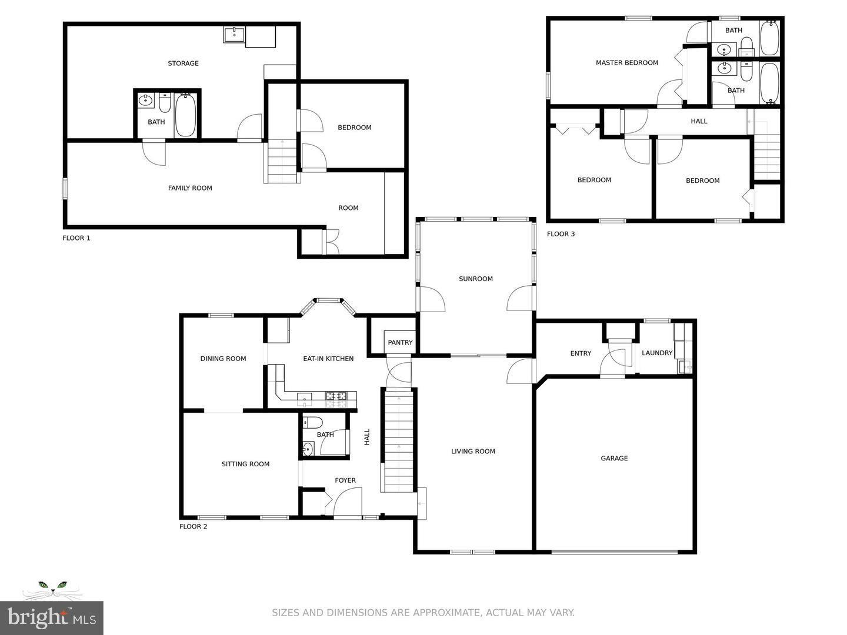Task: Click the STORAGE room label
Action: [x=183, y=63]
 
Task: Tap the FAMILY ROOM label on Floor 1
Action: [x=190, y=188]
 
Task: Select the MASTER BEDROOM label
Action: [x=626, y=63]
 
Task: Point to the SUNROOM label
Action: [x=475, y=279]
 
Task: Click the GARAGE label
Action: [x=614, y=458]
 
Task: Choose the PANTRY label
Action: [x=400, y=342]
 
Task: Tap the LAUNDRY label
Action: [x=656, y=353]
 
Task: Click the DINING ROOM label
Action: [x=223, y=359]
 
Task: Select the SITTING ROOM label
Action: [x=245, y=464]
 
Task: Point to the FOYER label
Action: [x=345, y=480]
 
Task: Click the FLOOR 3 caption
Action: [x=561, y=234]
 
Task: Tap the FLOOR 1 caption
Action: [x=76, y=238]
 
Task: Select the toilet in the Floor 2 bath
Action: [x=312, y=422]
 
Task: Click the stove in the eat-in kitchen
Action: [x=337, y=399]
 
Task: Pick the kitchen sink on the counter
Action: [x=304, y=399]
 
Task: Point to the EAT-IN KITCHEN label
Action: [x=328, y=359]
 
